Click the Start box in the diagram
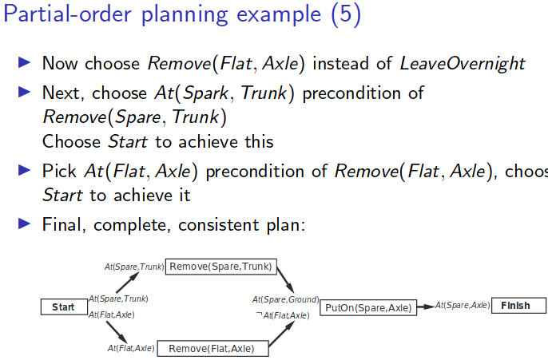64,307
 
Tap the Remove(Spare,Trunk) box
220,266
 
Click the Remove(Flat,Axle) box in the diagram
212,348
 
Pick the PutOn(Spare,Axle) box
369,307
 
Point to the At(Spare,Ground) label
286,299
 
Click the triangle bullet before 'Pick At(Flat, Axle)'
24,171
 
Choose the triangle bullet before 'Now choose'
24,62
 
